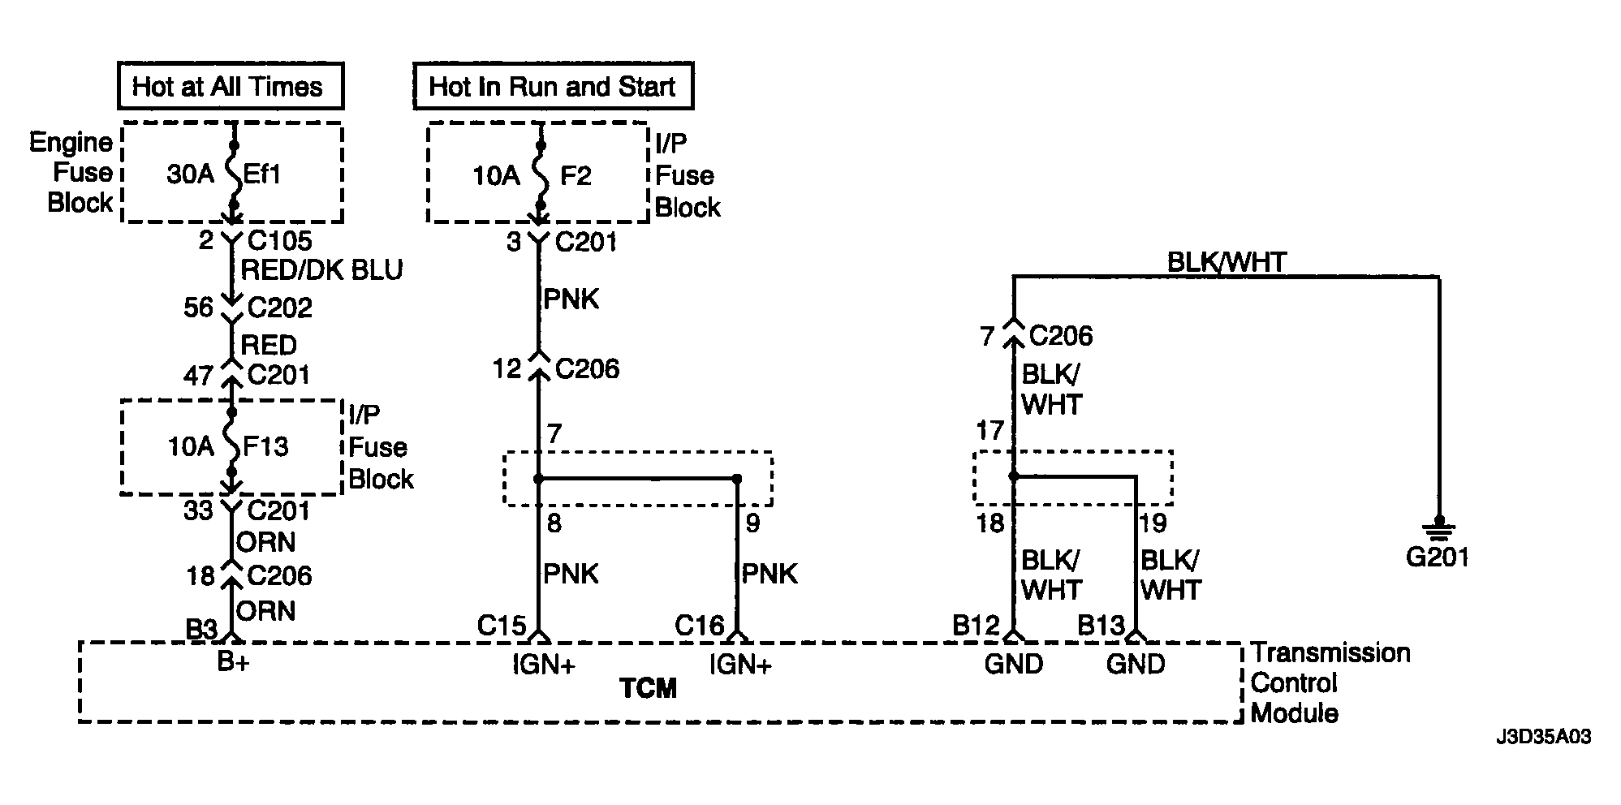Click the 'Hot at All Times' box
231,86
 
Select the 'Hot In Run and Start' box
553,86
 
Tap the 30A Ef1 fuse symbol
233,174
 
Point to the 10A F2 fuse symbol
539,175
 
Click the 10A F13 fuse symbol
231,442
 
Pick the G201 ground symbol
1438,531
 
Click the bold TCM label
648,689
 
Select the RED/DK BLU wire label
322,269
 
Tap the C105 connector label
279,240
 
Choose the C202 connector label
279,307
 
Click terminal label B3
201,628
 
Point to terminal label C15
502,626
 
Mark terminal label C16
700,626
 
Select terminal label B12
976,626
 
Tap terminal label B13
1101,626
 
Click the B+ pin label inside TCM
233,663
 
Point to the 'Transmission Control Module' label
1330,682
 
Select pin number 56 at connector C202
199,307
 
